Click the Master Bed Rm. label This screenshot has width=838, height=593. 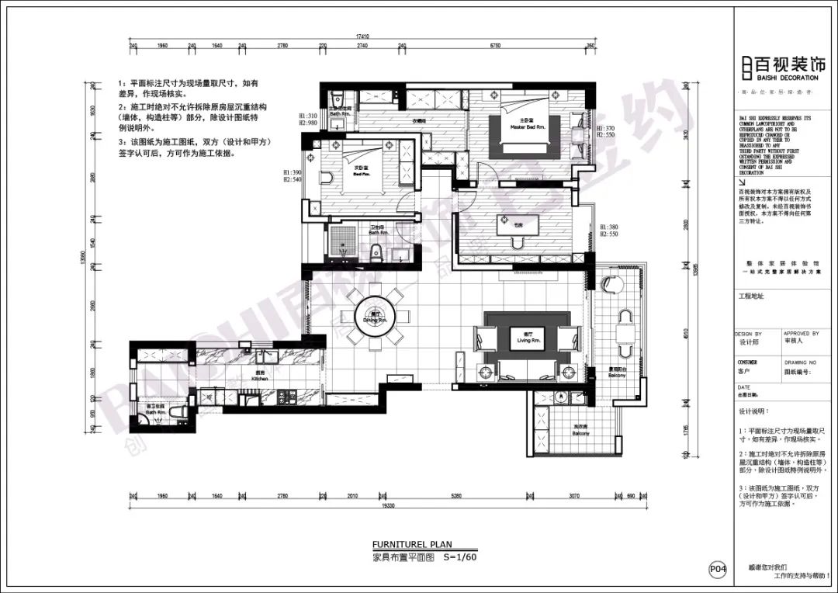(527, 126)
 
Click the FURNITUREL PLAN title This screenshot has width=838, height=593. (411, 544)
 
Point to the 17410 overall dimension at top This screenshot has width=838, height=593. (362, 36)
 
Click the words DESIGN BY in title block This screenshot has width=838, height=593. (749, 334)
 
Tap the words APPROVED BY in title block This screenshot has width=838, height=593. (801, 334)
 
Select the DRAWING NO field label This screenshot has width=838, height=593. (801, 362)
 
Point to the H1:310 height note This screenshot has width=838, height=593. (308, 116)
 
